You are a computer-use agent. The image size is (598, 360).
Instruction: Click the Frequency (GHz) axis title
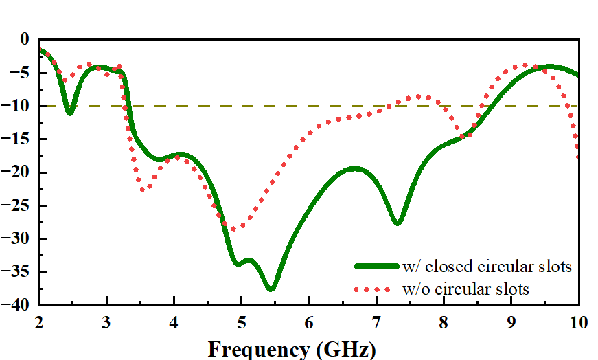point(292,349)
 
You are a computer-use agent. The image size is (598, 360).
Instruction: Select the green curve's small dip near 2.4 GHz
point(69,112)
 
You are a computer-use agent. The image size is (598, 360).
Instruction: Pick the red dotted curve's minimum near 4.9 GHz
point(233,229)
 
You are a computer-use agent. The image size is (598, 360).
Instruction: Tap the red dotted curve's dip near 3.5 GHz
point(143,189)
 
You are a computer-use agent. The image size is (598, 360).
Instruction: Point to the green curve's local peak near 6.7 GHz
point(354,168)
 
